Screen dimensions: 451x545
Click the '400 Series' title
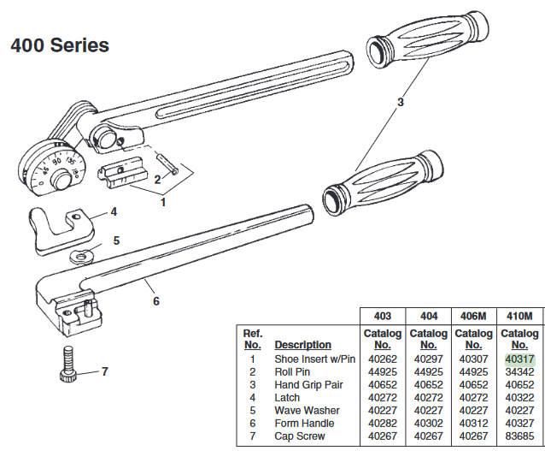coord(60,45)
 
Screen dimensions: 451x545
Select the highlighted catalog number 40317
coord(519,359)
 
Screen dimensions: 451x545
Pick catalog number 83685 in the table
coord(519,436)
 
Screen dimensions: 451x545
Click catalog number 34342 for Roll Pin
coord(519,372)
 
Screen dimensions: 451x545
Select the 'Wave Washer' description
coord(307,411)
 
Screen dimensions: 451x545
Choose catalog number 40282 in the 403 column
coord(383,424)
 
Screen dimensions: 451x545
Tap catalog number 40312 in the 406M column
coord(473,424)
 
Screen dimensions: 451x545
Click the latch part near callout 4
coord(60,224)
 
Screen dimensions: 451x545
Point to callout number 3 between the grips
coord(399,102)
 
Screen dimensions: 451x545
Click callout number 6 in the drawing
coord(155,300)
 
